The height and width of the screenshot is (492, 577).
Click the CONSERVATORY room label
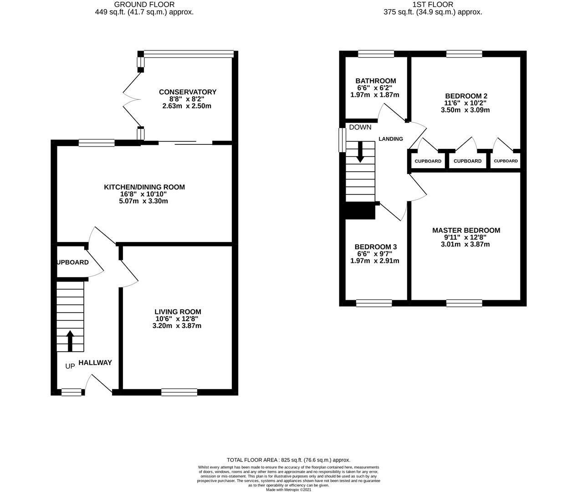[x=188, y=92]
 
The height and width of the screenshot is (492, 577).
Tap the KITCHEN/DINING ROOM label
[x=144, y=187]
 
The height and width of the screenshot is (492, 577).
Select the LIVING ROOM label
[x=178, y=312]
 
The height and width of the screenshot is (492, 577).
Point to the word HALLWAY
[x=95, y=363]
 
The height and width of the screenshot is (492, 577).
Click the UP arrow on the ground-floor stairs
[x=70, y=341]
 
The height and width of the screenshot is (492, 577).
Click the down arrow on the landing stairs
[x=360, y=152]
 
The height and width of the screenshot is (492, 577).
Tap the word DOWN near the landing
[x=360, y=128]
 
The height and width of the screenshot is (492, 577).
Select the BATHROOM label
[x=376, y=81]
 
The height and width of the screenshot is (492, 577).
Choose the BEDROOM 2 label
[x=466, y=96]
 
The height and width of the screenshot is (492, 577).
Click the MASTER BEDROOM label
[x=466, y=231]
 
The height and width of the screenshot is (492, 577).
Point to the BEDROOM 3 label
[x=376, y=247]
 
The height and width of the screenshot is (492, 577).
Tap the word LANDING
[x=391, y=139]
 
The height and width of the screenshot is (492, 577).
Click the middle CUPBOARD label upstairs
[x=468, y=161]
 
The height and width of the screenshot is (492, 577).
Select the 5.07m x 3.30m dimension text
[x=143, y=201]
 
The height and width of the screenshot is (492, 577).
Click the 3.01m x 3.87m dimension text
[x=465, y=244]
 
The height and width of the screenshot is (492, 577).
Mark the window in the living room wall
[x=179, y=392]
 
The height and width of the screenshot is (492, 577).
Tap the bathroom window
[x=376, y=54]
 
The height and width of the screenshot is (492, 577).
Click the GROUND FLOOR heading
[x=144, y=5]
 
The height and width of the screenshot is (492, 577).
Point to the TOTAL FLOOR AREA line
[x=288, y=460]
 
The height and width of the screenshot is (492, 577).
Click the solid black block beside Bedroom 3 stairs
[x=360, y=210]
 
